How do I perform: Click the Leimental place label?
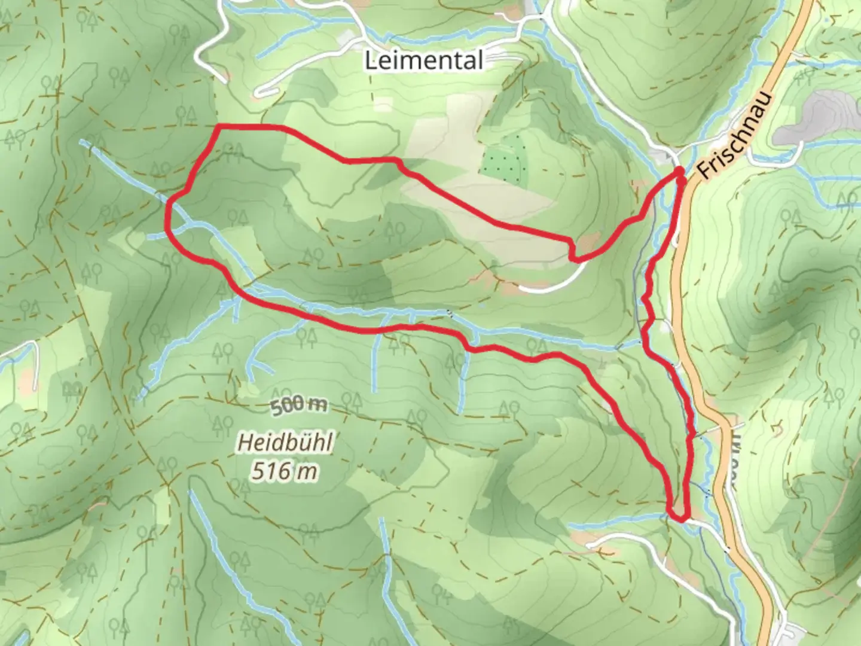click(x=423, y=60)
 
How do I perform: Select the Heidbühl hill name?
click(x=285, y=443)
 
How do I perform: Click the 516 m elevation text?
click(x=284, y=471)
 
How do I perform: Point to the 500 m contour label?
click(x=299, y=406)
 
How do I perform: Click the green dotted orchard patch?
click(x=505, y=161)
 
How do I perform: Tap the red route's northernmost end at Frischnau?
click(x=680, y=172)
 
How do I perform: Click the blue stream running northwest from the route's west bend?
click(x=120, y=167)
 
